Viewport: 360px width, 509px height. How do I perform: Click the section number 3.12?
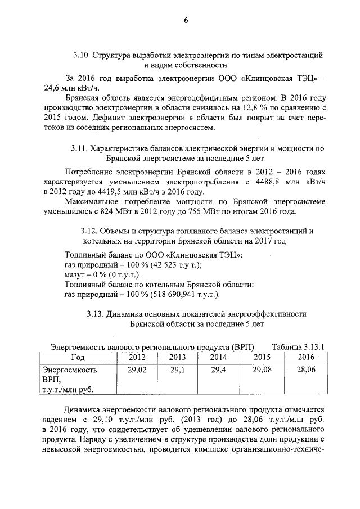pyautogui.click(x=91, y=232)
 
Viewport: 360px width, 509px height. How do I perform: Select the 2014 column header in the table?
pyautogui.click(x=218, y=357)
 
